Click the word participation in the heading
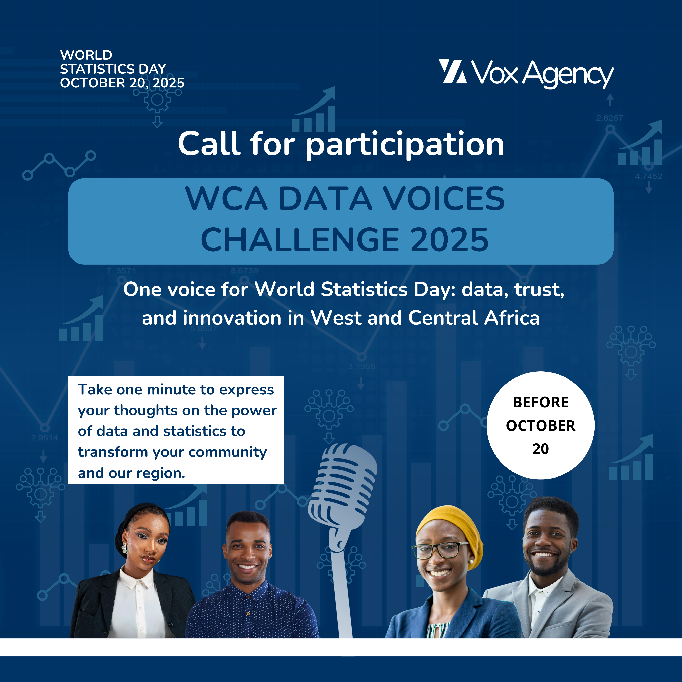[405, 145]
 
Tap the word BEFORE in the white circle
[540, 402]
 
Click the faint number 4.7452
[648, 176]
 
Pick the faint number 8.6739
[244, 271]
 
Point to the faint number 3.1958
[362, 366]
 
